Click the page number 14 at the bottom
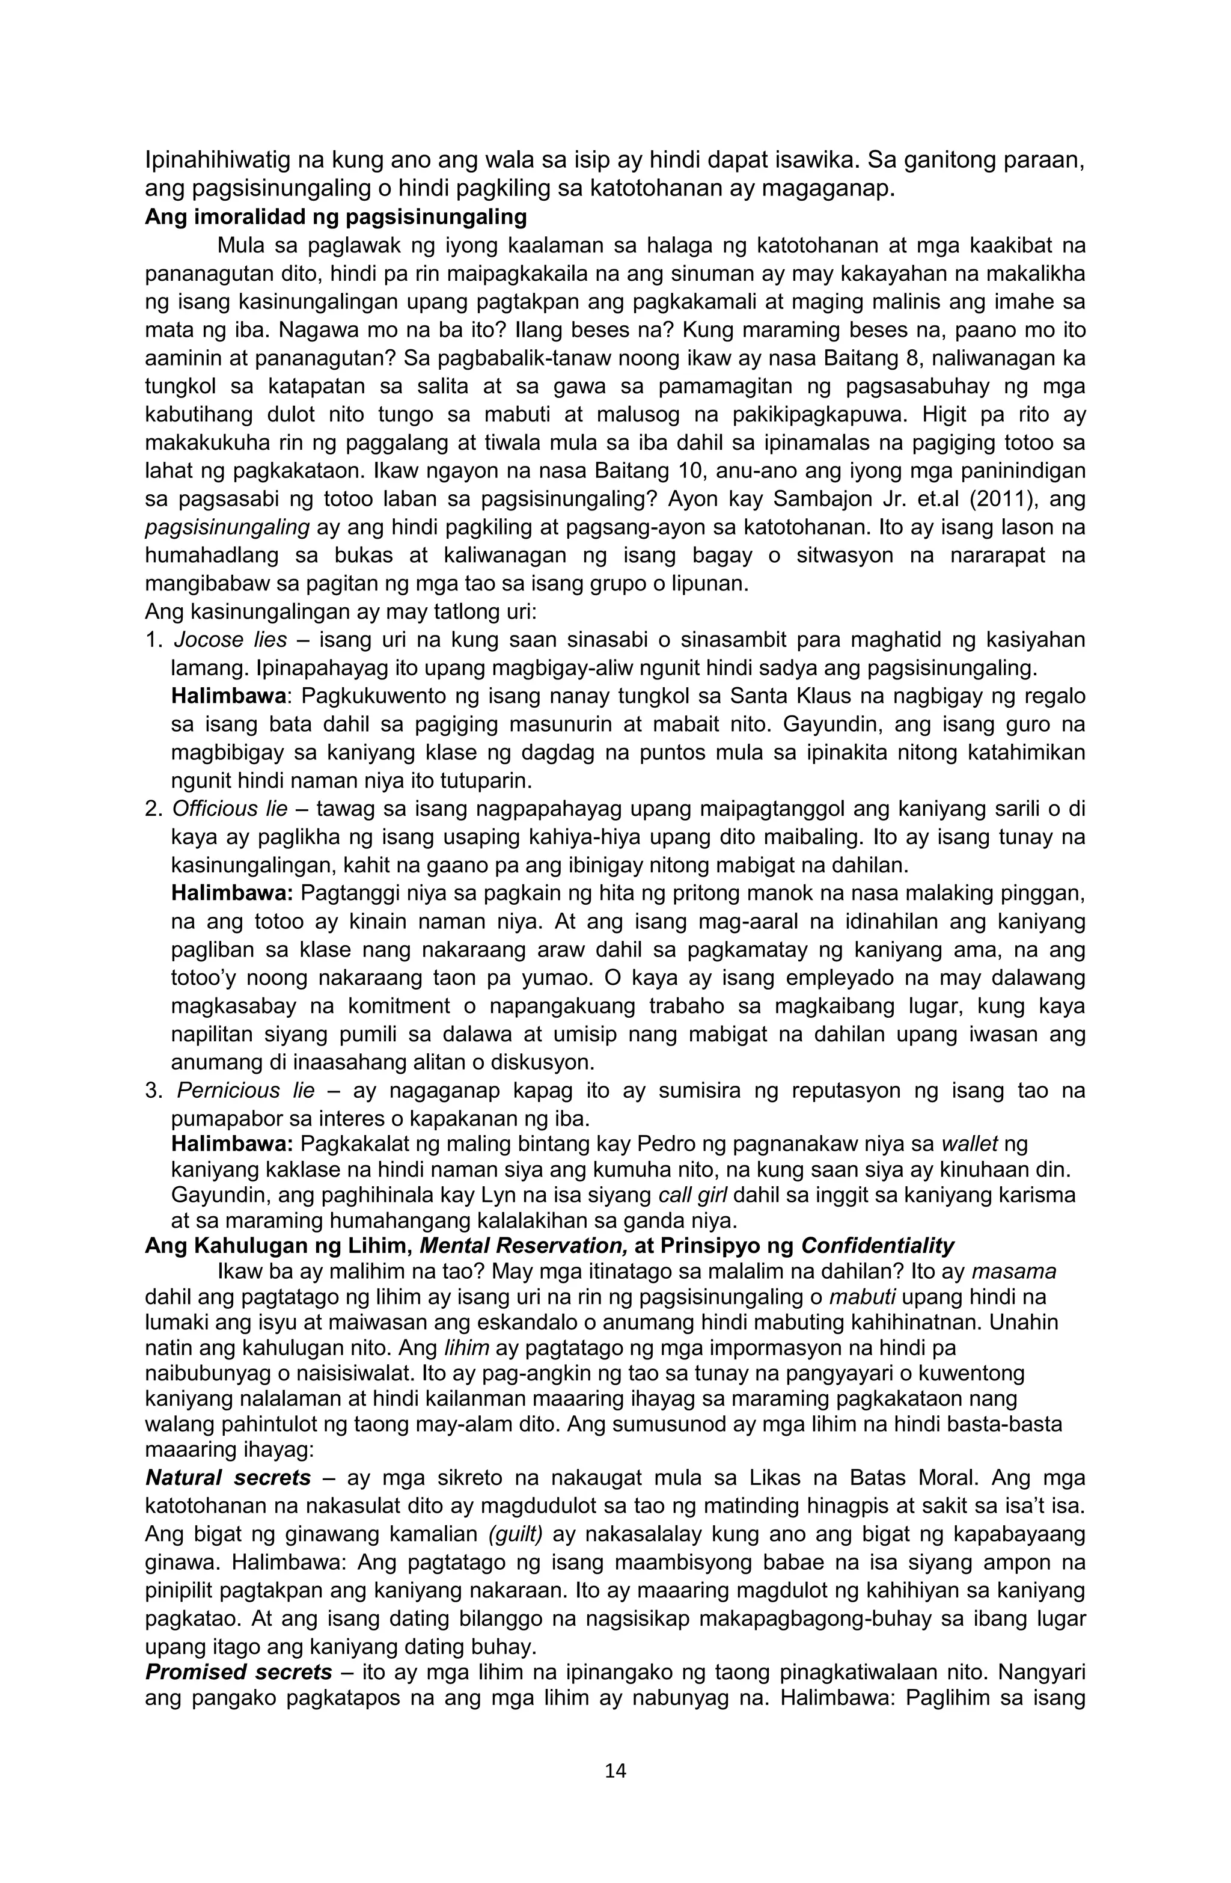615,1793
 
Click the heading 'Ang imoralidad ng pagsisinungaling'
335,217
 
